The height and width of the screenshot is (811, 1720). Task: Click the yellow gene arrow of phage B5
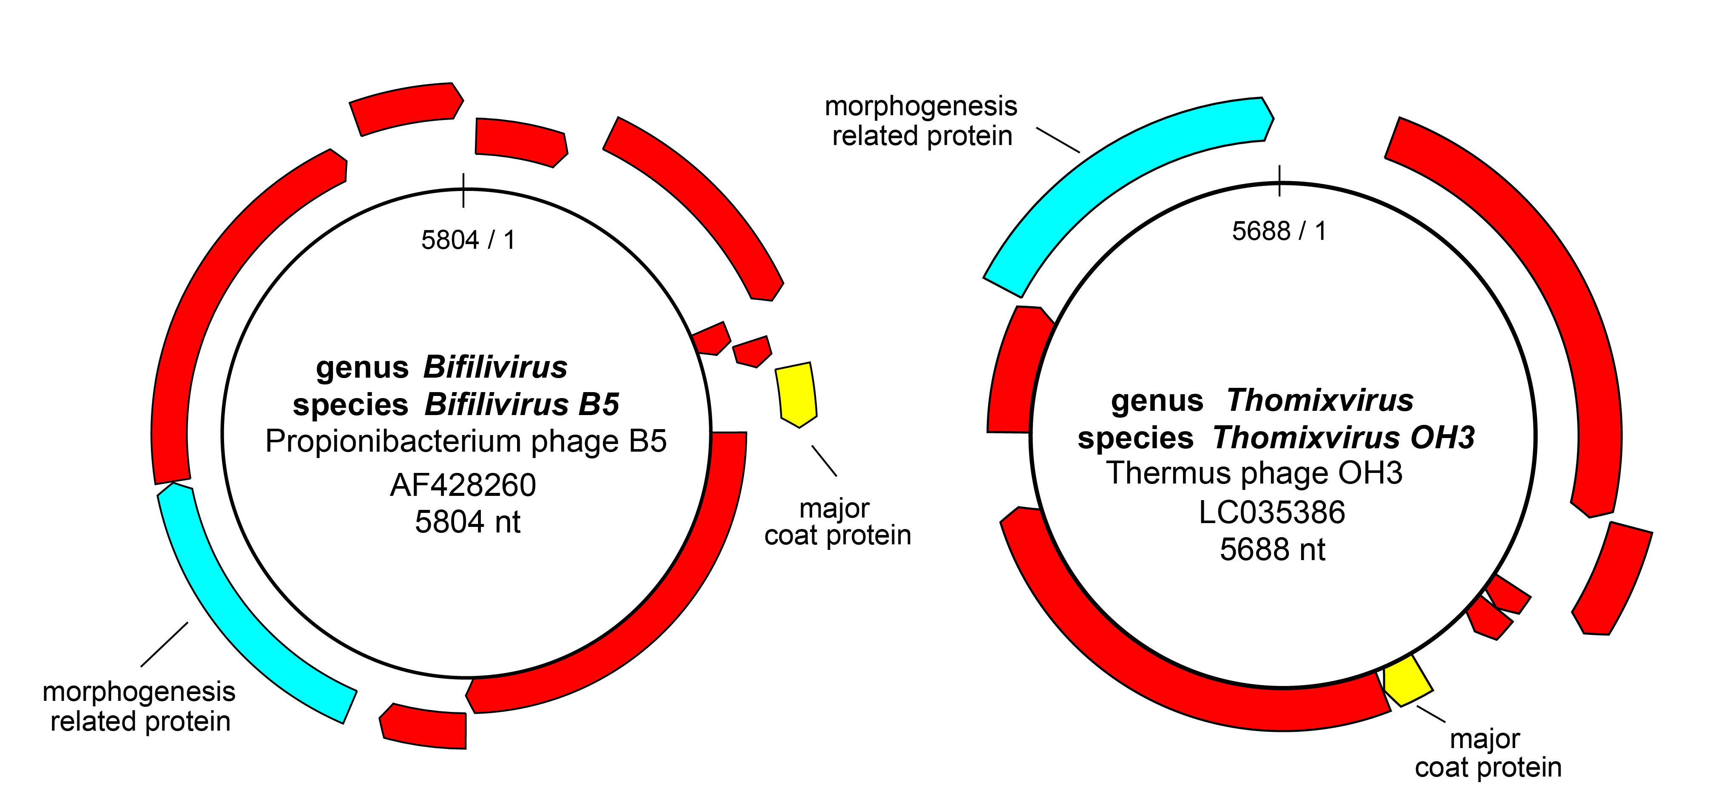[796, 394]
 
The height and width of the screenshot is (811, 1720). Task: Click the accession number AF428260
[463, 485]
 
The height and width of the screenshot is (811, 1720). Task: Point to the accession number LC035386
[1271, 512]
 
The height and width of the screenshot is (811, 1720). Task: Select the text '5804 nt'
[467, 522]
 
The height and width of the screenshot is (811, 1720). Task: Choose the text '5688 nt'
[1272, 550]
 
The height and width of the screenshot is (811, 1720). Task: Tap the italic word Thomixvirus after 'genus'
[1320, 400]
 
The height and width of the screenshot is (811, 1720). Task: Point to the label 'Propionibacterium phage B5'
[465, 441]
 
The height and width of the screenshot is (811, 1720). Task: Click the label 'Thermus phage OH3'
[1254, 473]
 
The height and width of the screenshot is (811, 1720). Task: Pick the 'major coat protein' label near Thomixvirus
[1488, 753]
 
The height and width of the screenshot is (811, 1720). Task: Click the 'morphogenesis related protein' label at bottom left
[139, 706]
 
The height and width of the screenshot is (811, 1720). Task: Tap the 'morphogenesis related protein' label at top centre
[921, 121]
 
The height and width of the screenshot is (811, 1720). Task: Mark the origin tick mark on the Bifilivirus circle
[463, 189]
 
